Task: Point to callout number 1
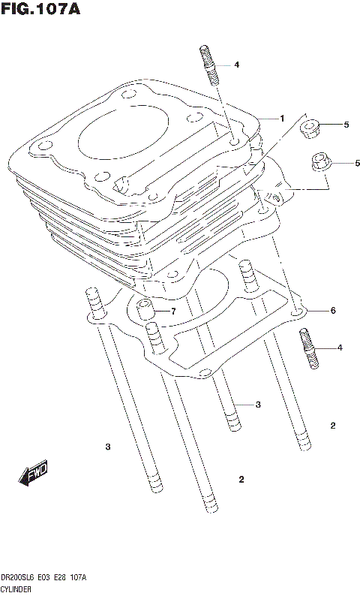(282, 119)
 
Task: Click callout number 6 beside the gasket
(331, 311)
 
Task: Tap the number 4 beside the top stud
(236, 65)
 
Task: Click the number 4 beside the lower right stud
(340, 348)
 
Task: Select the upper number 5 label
(346, 125)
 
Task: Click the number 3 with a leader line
(257, 405)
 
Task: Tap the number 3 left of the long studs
(107, 447)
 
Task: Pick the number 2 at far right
(333, 426)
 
